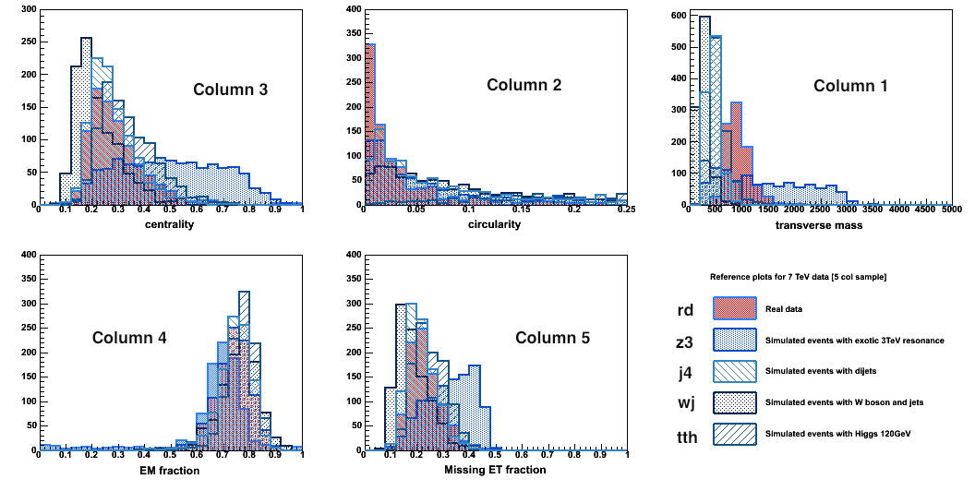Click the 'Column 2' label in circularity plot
pyautogui.click(x=524, y=85)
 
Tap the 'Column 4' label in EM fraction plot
pyautogui.click(x=129, y=338)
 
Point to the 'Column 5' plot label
pyautogui.click(x=552, y=338)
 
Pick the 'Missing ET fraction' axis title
pyautogui.click(x=495, y=471)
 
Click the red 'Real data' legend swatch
pyautogui.click(x=734, y=309)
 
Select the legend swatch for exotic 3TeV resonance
pyautogui.click(x=734, y=341)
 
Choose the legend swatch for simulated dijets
pyautogui.click(x=734, y=372)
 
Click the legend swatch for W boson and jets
pyautogui.click(x=734, y=403)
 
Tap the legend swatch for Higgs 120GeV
pyautogui.click(x=734, y=434)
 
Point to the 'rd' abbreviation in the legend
pyautogui.click(x=685, y=310)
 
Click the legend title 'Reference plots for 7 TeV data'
pyautogui.click(x=798, y=277)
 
